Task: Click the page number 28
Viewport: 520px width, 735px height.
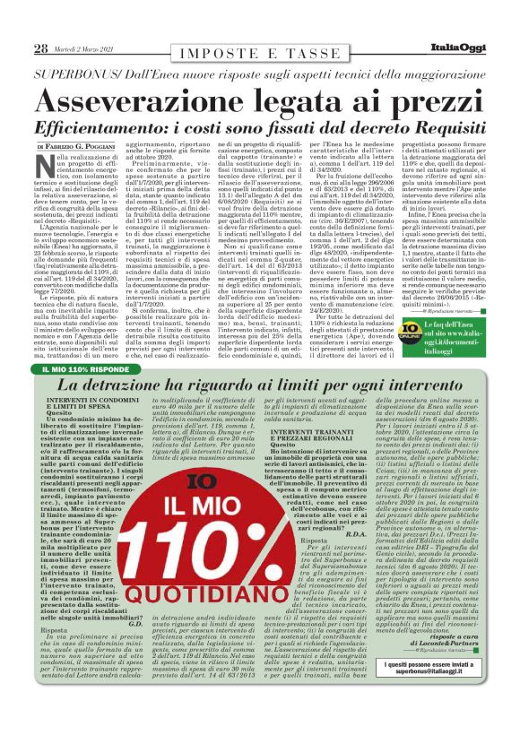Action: [x=40, y=49]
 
